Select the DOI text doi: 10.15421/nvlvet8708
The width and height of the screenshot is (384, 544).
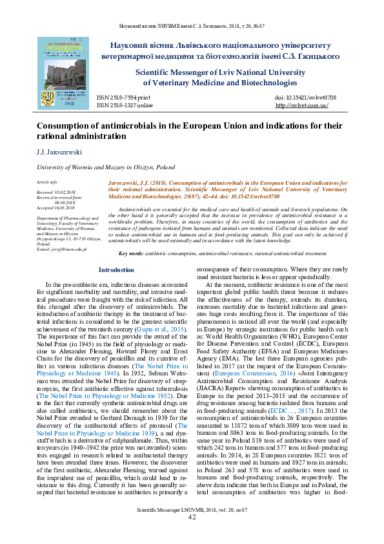[x=301, y=96]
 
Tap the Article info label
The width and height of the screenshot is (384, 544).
[x=47, y=183]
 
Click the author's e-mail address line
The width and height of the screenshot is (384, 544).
[x=62, y=249]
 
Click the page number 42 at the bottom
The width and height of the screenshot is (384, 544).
[x=192, y=536]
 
